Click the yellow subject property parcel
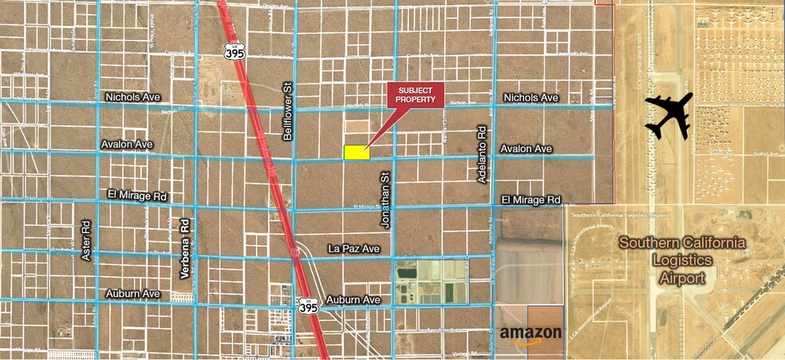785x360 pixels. click(357, 152)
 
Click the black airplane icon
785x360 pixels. click(669, 115)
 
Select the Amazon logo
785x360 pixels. click(531, 334)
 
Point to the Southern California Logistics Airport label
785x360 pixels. click(682, 260)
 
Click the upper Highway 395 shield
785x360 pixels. click(234, 52)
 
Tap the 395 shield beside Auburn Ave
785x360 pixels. click(309, 305)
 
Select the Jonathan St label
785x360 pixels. click(385, 200)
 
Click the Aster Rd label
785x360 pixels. click(87, 240)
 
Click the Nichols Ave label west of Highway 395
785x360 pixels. click(132, 97)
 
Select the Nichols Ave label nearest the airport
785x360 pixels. click(531, 97)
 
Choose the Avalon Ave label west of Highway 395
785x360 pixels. click(127, 144)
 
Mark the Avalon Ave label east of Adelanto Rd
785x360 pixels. click(526, 148)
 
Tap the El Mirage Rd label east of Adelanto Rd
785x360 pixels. click(531, 199)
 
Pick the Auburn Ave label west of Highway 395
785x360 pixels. click(133, 294)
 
